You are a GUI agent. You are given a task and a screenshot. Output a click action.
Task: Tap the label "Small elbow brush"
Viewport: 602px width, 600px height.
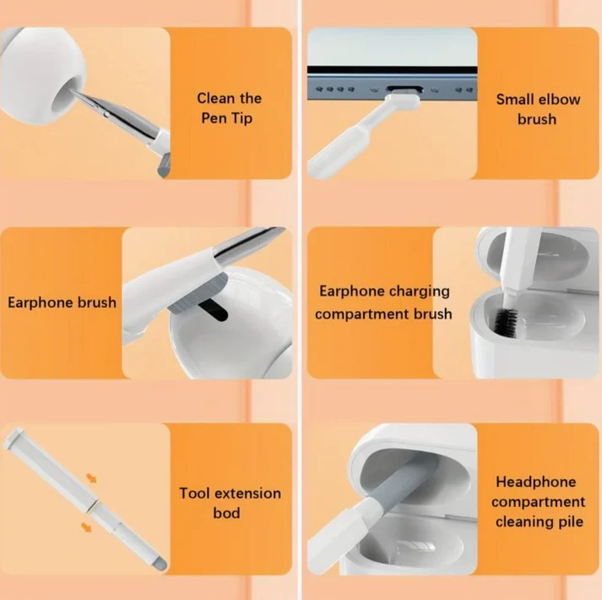tap(538, 109)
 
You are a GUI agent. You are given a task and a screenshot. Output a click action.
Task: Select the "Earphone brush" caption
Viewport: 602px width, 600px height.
tap(62, 302)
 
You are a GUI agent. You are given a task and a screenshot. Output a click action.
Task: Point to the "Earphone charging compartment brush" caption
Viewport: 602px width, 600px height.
tap(384, 303)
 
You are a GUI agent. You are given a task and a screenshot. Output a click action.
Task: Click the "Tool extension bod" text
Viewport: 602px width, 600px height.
tap(230, 503)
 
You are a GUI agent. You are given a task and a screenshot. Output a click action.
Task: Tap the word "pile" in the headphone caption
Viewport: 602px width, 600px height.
tap(564, 522)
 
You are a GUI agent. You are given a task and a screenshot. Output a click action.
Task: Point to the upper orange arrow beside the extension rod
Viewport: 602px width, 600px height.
tap(91, 478)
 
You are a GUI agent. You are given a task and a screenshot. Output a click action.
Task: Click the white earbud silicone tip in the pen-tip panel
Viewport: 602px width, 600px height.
tap(38, 79)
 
